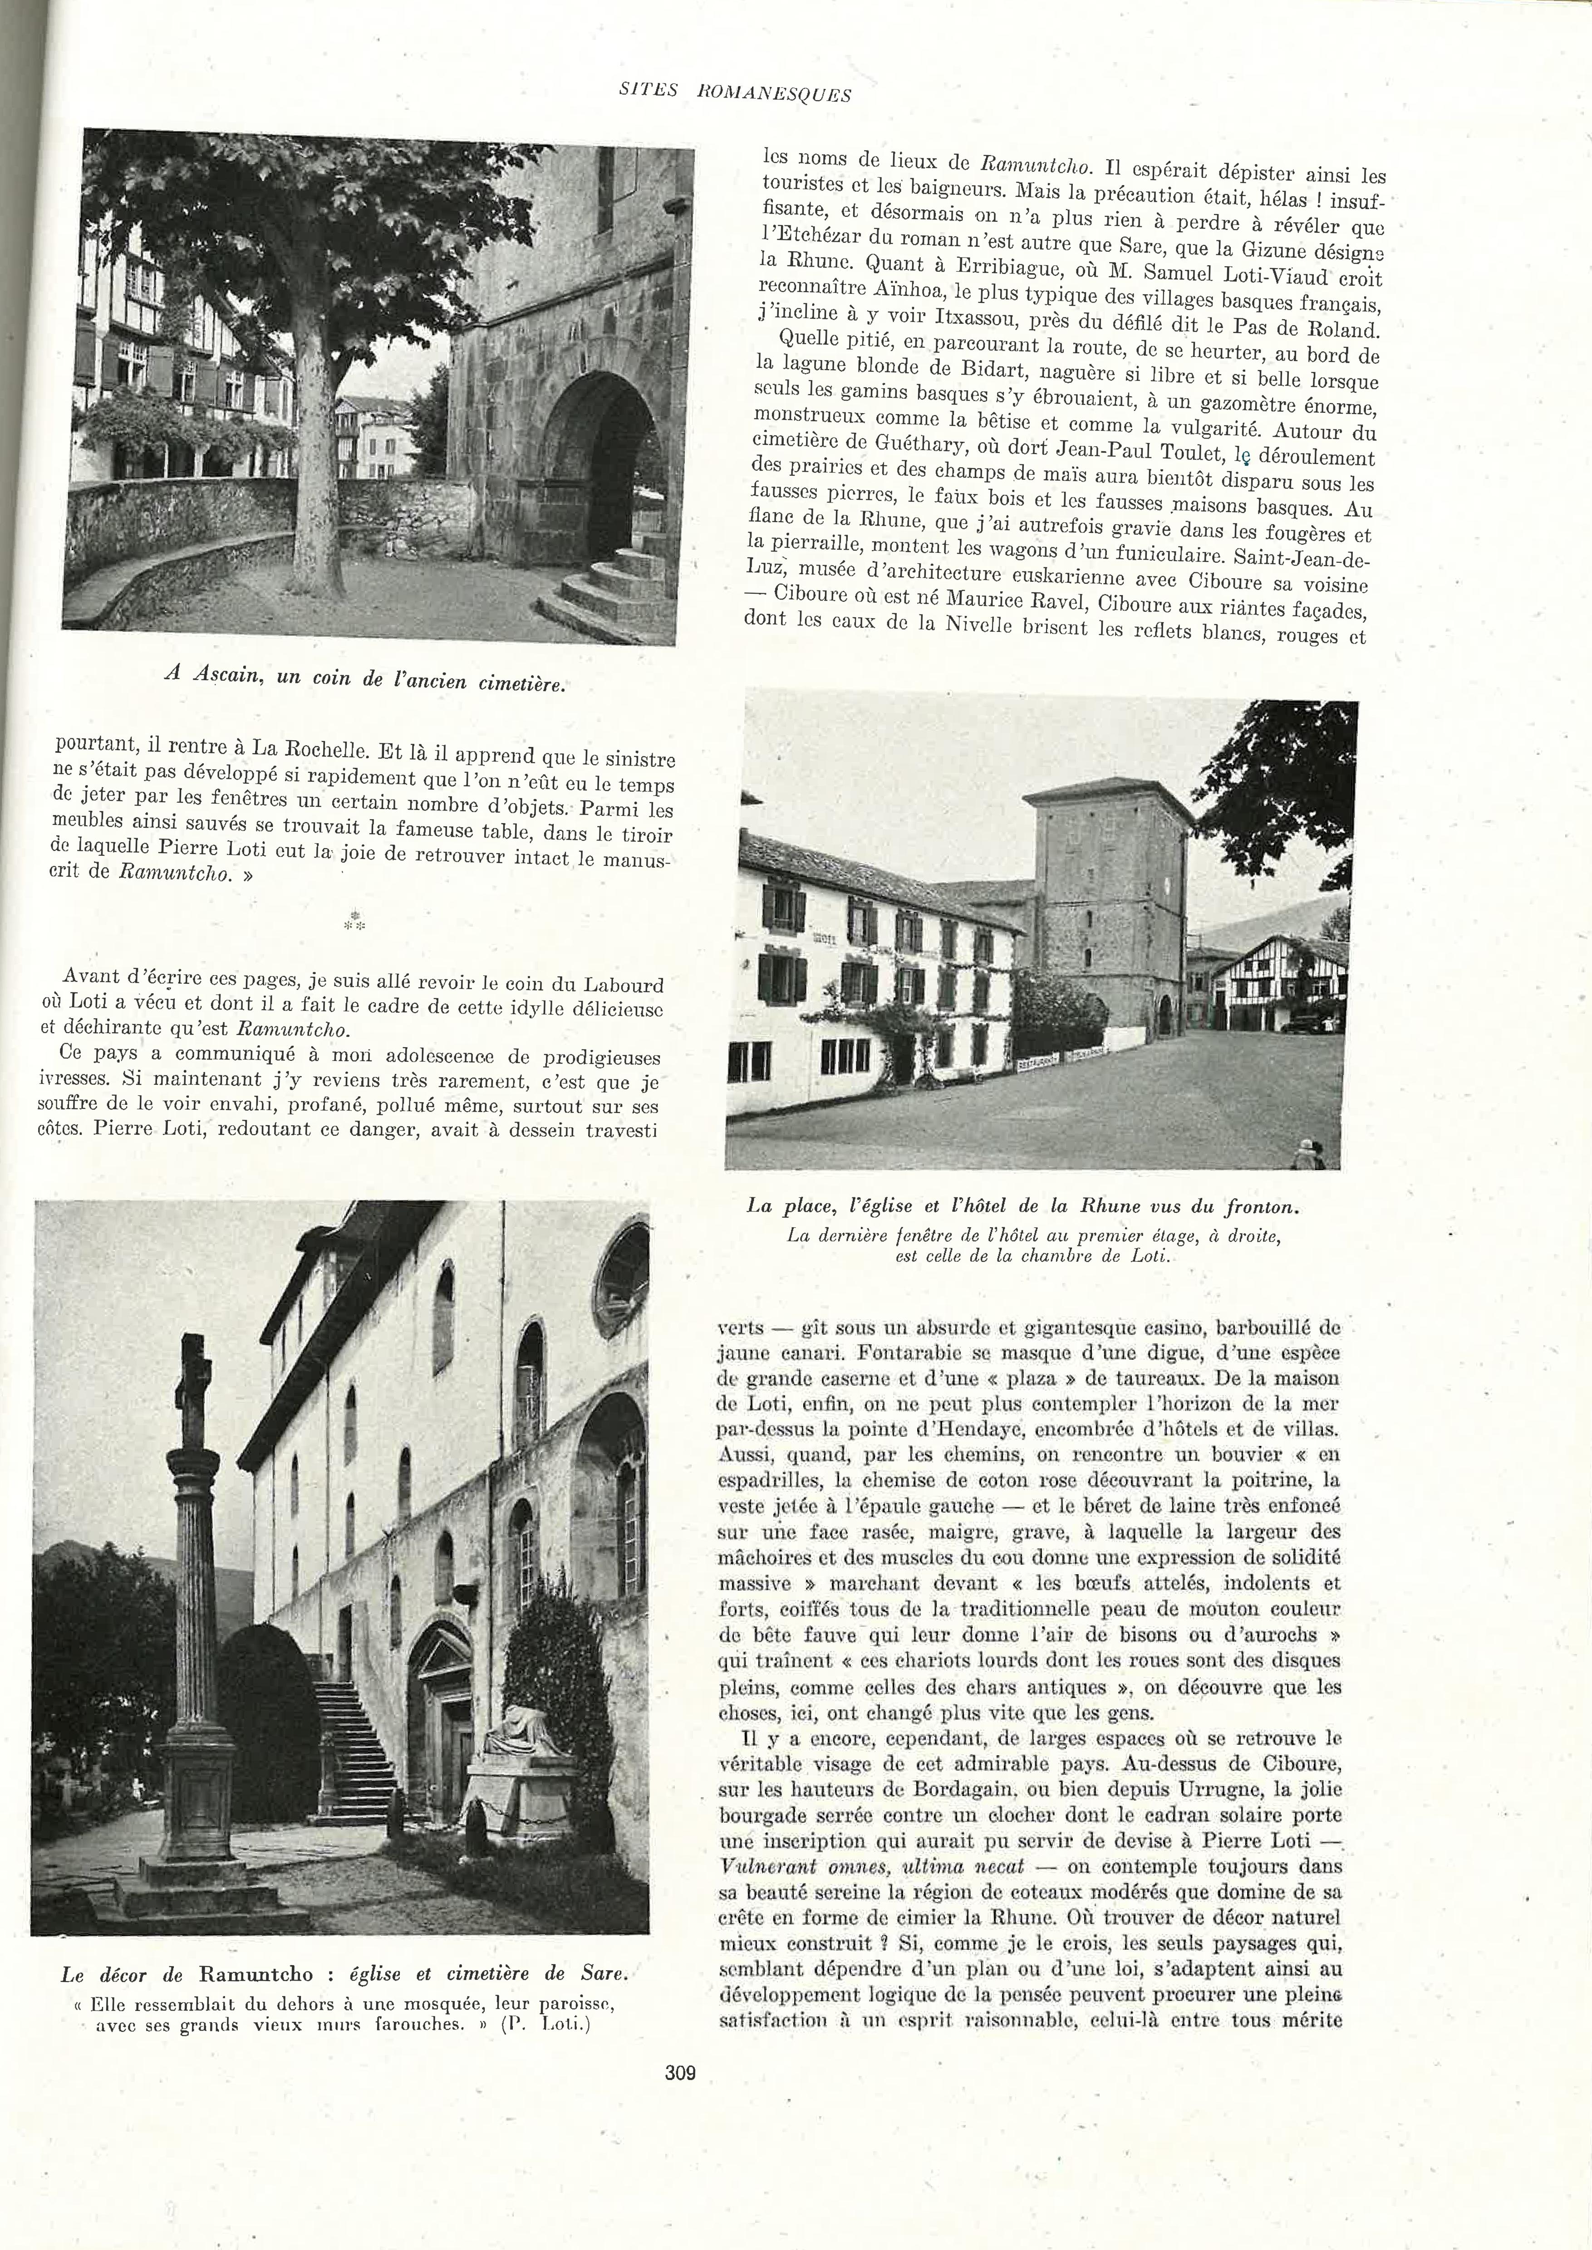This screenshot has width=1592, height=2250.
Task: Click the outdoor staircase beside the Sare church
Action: pyautogui.click(x=348, y=1734)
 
